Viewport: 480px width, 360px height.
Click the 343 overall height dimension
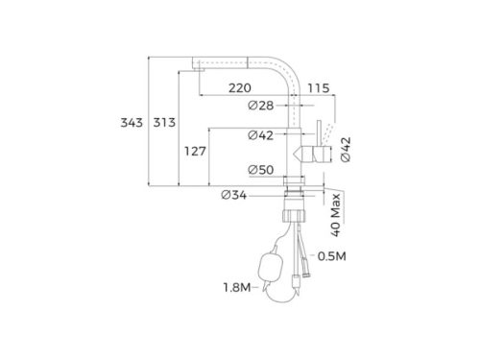132,123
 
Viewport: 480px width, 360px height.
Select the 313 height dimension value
164,123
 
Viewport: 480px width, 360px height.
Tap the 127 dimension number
195,151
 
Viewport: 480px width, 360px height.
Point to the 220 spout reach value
240,88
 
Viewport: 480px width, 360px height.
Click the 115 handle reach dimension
319,88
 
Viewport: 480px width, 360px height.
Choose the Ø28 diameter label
261,105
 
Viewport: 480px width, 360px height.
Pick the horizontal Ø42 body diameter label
261,135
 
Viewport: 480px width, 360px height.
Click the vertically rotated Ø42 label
346,150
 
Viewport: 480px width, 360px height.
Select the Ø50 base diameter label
261,170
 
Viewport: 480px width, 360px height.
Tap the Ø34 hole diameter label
234,195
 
